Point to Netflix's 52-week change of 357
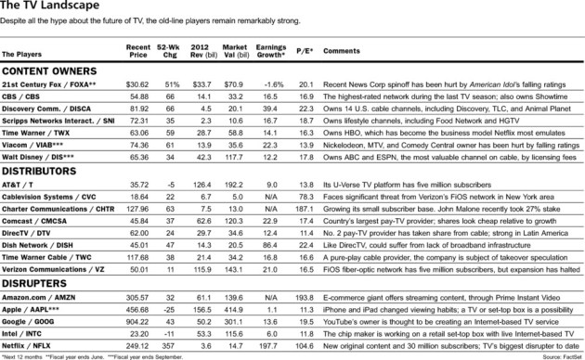point(172,342)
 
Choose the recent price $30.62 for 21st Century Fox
point(138,84)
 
